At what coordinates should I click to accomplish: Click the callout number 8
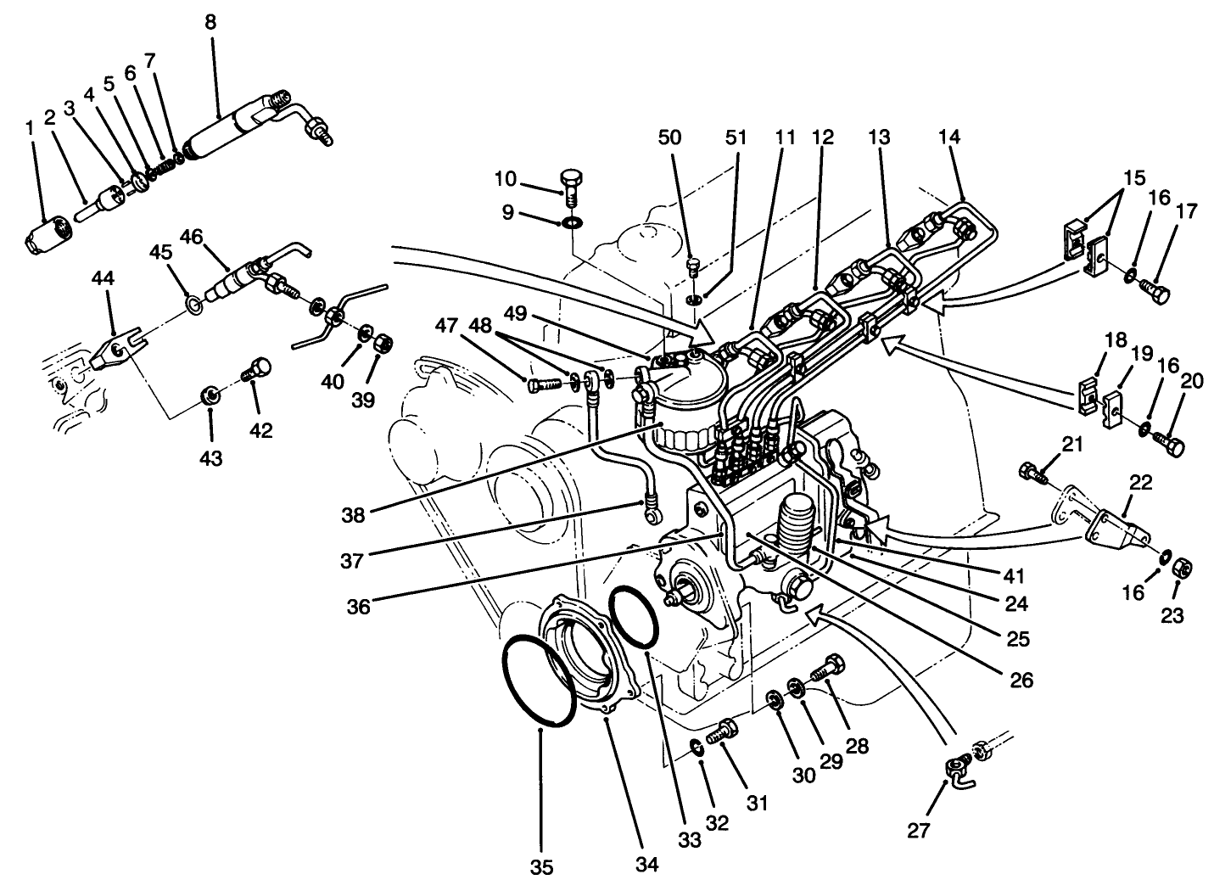tap(210, 23)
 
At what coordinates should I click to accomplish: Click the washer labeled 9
tap(573, 223)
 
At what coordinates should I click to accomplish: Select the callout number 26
tap(1022, 680)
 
